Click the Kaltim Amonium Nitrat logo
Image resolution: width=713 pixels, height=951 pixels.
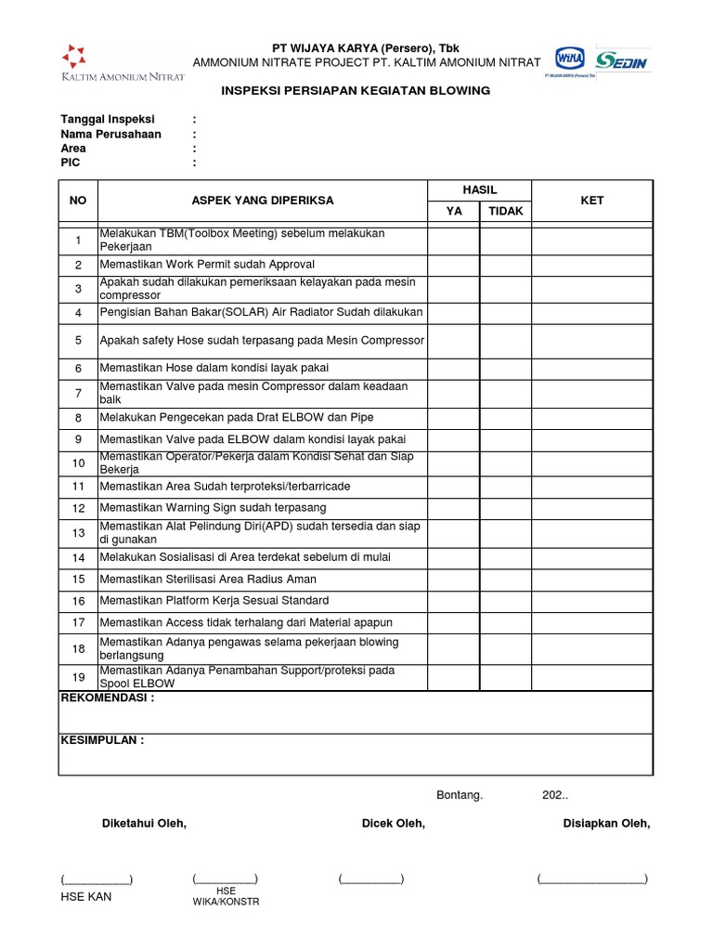coord(122,63)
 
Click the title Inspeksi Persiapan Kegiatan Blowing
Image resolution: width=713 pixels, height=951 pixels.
coord(355,91)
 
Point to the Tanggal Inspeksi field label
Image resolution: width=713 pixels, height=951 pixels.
coord(108,120)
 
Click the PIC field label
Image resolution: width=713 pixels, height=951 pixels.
coord(71,163)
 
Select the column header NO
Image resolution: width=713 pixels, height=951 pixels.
coord(78,201)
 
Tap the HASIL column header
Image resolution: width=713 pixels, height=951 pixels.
coord(479,189)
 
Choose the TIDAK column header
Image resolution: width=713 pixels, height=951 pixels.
coord(505,211)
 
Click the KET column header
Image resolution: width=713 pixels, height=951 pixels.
coord(591,201)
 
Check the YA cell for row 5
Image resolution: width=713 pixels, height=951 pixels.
coord(453,340)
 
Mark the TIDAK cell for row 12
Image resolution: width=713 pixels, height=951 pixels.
coord(505,508)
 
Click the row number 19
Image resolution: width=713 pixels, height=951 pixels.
coord(78,677)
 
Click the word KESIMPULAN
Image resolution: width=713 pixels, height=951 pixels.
coord(102,740)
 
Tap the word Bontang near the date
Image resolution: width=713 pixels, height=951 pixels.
coord(460,795)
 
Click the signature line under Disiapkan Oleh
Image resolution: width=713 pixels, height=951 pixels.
coord(591,879)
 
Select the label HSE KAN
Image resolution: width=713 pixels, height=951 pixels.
coord(85,897)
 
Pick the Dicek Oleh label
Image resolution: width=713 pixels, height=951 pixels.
coord(393,824)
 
